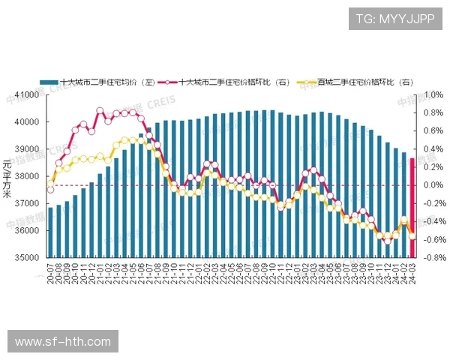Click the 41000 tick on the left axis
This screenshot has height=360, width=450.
pyautogui.click(x=27, y=95)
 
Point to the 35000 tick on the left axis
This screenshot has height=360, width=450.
pyautogui.click(x=27, y=258)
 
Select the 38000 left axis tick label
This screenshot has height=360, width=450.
pyautogui.click(x=27, y=176)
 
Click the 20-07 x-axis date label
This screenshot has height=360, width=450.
pyautogui.click(x=50, y=272)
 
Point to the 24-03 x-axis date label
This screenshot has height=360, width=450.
pyautogui.click(x=412, y=272)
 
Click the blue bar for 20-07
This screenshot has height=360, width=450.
pyautogui.click(x=50, y=232)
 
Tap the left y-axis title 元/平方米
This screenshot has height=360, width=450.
pyautogui.click(x=7, y=178)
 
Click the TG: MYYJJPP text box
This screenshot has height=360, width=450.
pyautogui.click(x=394, y=19)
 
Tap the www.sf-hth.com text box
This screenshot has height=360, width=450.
pyautogui.click(x=63, y=341)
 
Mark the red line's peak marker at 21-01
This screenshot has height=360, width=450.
pyautogui.click(x=100, y=110)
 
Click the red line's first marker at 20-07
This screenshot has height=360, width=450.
pyautogui.click(x=50, y=189)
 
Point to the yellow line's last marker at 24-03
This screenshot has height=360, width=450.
pyautogui.click(x=412, y=235)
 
